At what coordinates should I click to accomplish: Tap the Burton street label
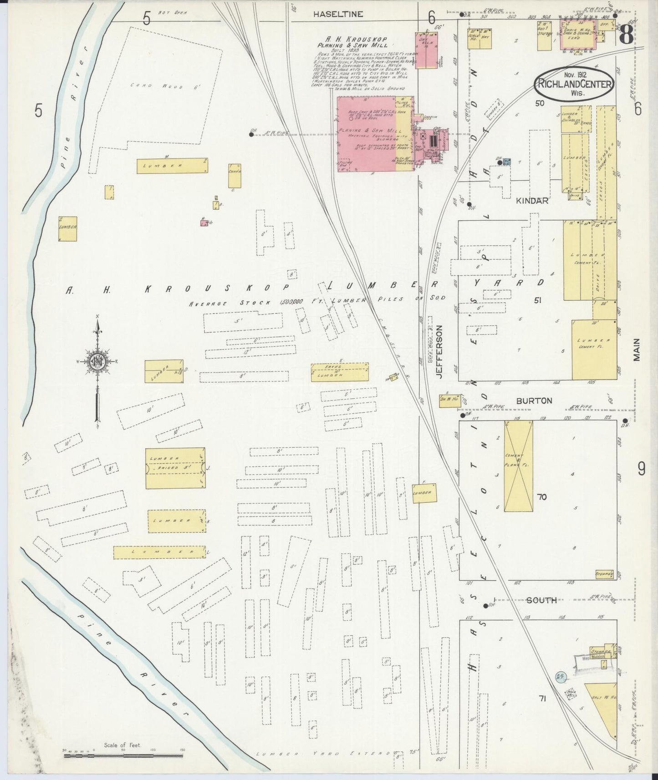(534, 401)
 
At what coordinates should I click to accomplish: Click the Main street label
(636, 349)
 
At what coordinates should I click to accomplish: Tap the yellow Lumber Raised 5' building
(175, 468)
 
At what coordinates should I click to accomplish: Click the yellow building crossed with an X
(518, 466)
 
